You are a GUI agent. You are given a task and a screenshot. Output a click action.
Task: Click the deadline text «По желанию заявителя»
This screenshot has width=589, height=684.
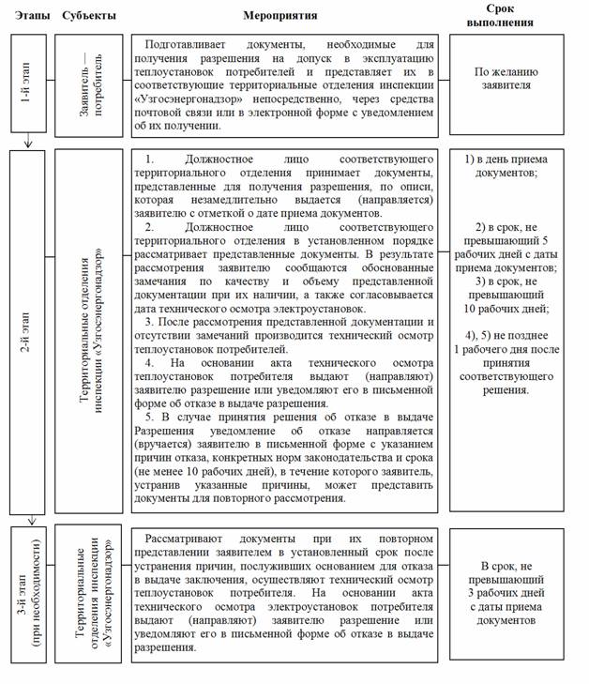tap(515, 78)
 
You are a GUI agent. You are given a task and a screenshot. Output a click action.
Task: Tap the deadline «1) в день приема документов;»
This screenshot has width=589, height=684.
tap(515, 166)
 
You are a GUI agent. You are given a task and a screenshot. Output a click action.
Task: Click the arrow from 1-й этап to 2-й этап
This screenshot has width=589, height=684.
tap(28, 141)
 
